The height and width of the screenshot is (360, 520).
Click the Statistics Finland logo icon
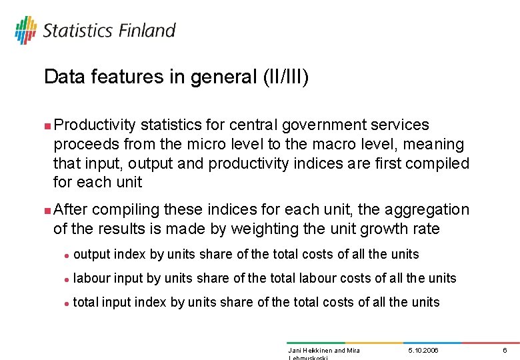[25, 30]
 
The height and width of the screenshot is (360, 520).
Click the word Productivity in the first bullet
[95, 125]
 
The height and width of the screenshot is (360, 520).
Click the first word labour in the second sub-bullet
[91, 278]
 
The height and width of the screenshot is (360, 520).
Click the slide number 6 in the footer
[505, 350]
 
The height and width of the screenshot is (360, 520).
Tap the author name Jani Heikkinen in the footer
[309, 350]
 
